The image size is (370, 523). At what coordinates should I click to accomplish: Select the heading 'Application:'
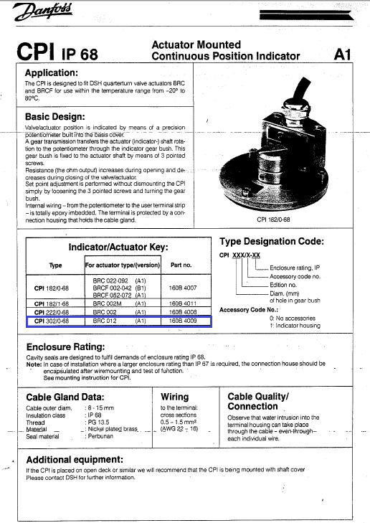coord(61,73)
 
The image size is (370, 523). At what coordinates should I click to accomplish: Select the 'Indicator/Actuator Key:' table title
coord(118,248)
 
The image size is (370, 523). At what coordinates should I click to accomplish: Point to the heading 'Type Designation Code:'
coord(271,242)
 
